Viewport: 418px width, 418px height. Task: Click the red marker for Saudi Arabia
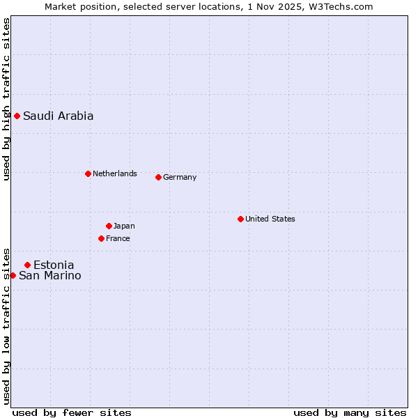(x=17, y=116)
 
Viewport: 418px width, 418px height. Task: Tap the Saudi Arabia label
(x=58, y=116)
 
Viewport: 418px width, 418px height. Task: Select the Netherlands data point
(x=88, y=173)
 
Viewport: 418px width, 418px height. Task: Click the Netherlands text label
(x=114, y=173)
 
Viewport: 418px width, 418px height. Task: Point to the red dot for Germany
(x=158, y=177)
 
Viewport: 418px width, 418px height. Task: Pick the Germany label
(x=180, y=177)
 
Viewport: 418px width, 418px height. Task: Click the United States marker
(x=240, y=219)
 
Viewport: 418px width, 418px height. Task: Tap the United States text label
(x=270, y=219)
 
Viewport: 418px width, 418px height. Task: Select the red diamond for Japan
(x=109, y=226)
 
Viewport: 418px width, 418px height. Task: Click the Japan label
(x=124, y=226)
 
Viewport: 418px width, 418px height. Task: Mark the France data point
(x=101, y=238)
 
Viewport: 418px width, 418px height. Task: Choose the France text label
(x=118, y=238)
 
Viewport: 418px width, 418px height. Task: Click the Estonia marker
(x=27, y=265)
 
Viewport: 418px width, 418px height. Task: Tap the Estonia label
(x=54, y=265)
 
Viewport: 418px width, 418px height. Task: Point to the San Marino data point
(x=13, y=275)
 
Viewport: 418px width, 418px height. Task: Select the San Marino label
(x=49, y=276)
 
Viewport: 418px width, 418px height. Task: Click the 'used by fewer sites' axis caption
(x=72, y=412)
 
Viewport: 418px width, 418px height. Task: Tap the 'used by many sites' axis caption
(x=350, y=412)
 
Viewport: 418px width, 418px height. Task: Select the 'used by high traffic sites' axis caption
(x=6, y=99)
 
